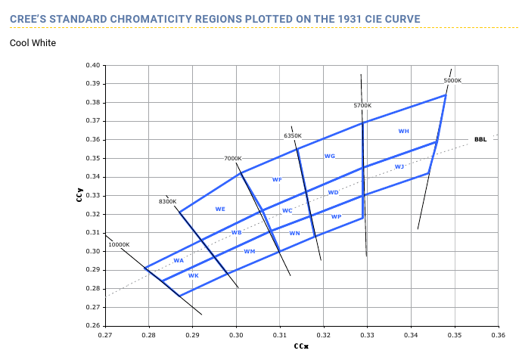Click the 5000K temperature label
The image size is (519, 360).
452,80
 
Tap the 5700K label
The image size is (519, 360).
362,105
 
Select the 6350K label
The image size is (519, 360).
293,135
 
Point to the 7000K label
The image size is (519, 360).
233,159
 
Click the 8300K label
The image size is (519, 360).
167,202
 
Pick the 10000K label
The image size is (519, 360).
119,244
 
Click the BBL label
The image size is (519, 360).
480,139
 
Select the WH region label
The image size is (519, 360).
403,132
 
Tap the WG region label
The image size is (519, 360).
329,157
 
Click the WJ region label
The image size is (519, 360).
399,166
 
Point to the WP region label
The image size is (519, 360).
336,217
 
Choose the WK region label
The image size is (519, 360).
194,275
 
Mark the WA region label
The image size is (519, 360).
179,261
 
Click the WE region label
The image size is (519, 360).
220,209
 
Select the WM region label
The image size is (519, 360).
249,251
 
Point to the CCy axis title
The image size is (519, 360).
79,196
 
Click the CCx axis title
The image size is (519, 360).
301,346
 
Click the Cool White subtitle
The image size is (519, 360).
33,43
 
